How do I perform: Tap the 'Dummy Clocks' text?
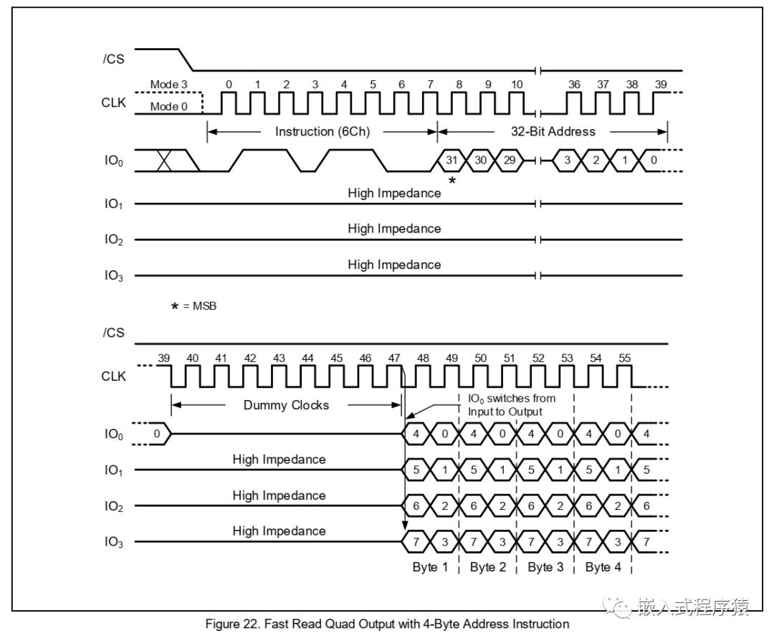286,405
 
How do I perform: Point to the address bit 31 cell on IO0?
451,160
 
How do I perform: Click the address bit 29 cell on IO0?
509,160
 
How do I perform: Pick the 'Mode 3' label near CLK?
168,85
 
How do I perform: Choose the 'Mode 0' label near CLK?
168,107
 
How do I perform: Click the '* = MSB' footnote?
193,306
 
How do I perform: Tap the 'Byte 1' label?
430,567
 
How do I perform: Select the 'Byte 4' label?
603,567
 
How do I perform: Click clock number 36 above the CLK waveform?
574,85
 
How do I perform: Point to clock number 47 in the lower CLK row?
394,357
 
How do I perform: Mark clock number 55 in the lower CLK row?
625,357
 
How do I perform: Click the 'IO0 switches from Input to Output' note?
510,404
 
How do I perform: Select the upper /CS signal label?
113,59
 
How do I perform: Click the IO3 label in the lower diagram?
113,543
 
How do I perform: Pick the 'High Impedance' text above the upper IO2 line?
394,229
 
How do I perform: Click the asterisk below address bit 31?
451,181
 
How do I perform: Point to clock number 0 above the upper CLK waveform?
229,85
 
